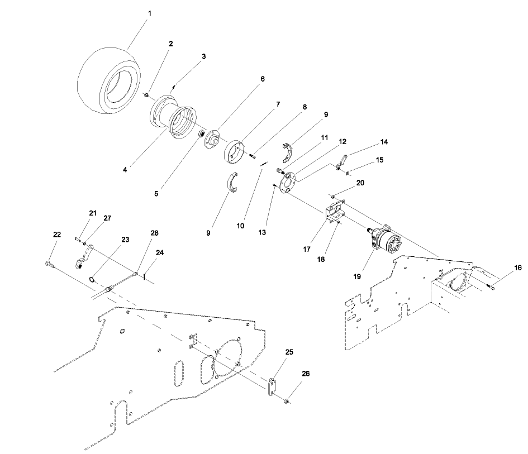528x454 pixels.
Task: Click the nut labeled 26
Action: (x=286, y=400)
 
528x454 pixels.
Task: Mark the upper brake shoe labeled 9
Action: (x=290, y=150)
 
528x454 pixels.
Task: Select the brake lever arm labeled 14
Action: (x=342, y=163)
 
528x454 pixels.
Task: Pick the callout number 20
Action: (x=359, y=183)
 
